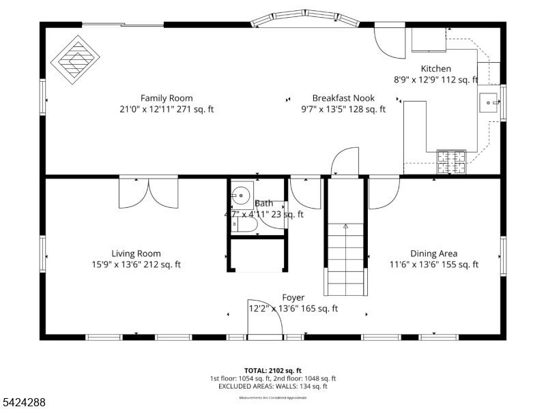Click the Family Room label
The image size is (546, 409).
coord(167,97)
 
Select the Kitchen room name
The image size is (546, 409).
coord(435,68)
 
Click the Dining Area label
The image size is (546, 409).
coord(433,254)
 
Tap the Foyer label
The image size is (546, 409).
coord(293,297)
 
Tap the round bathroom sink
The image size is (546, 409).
coord(241,195)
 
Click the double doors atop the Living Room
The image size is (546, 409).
coord(149,192)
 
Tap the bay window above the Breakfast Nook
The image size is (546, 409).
coord(305,20)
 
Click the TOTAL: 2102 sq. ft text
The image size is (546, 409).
coord(272,369)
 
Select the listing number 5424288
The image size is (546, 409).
coord(24,403)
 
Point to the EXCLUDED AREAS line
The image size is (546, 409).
coord(272,387)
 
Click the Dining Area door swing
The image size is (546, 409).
coord(383,194)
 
